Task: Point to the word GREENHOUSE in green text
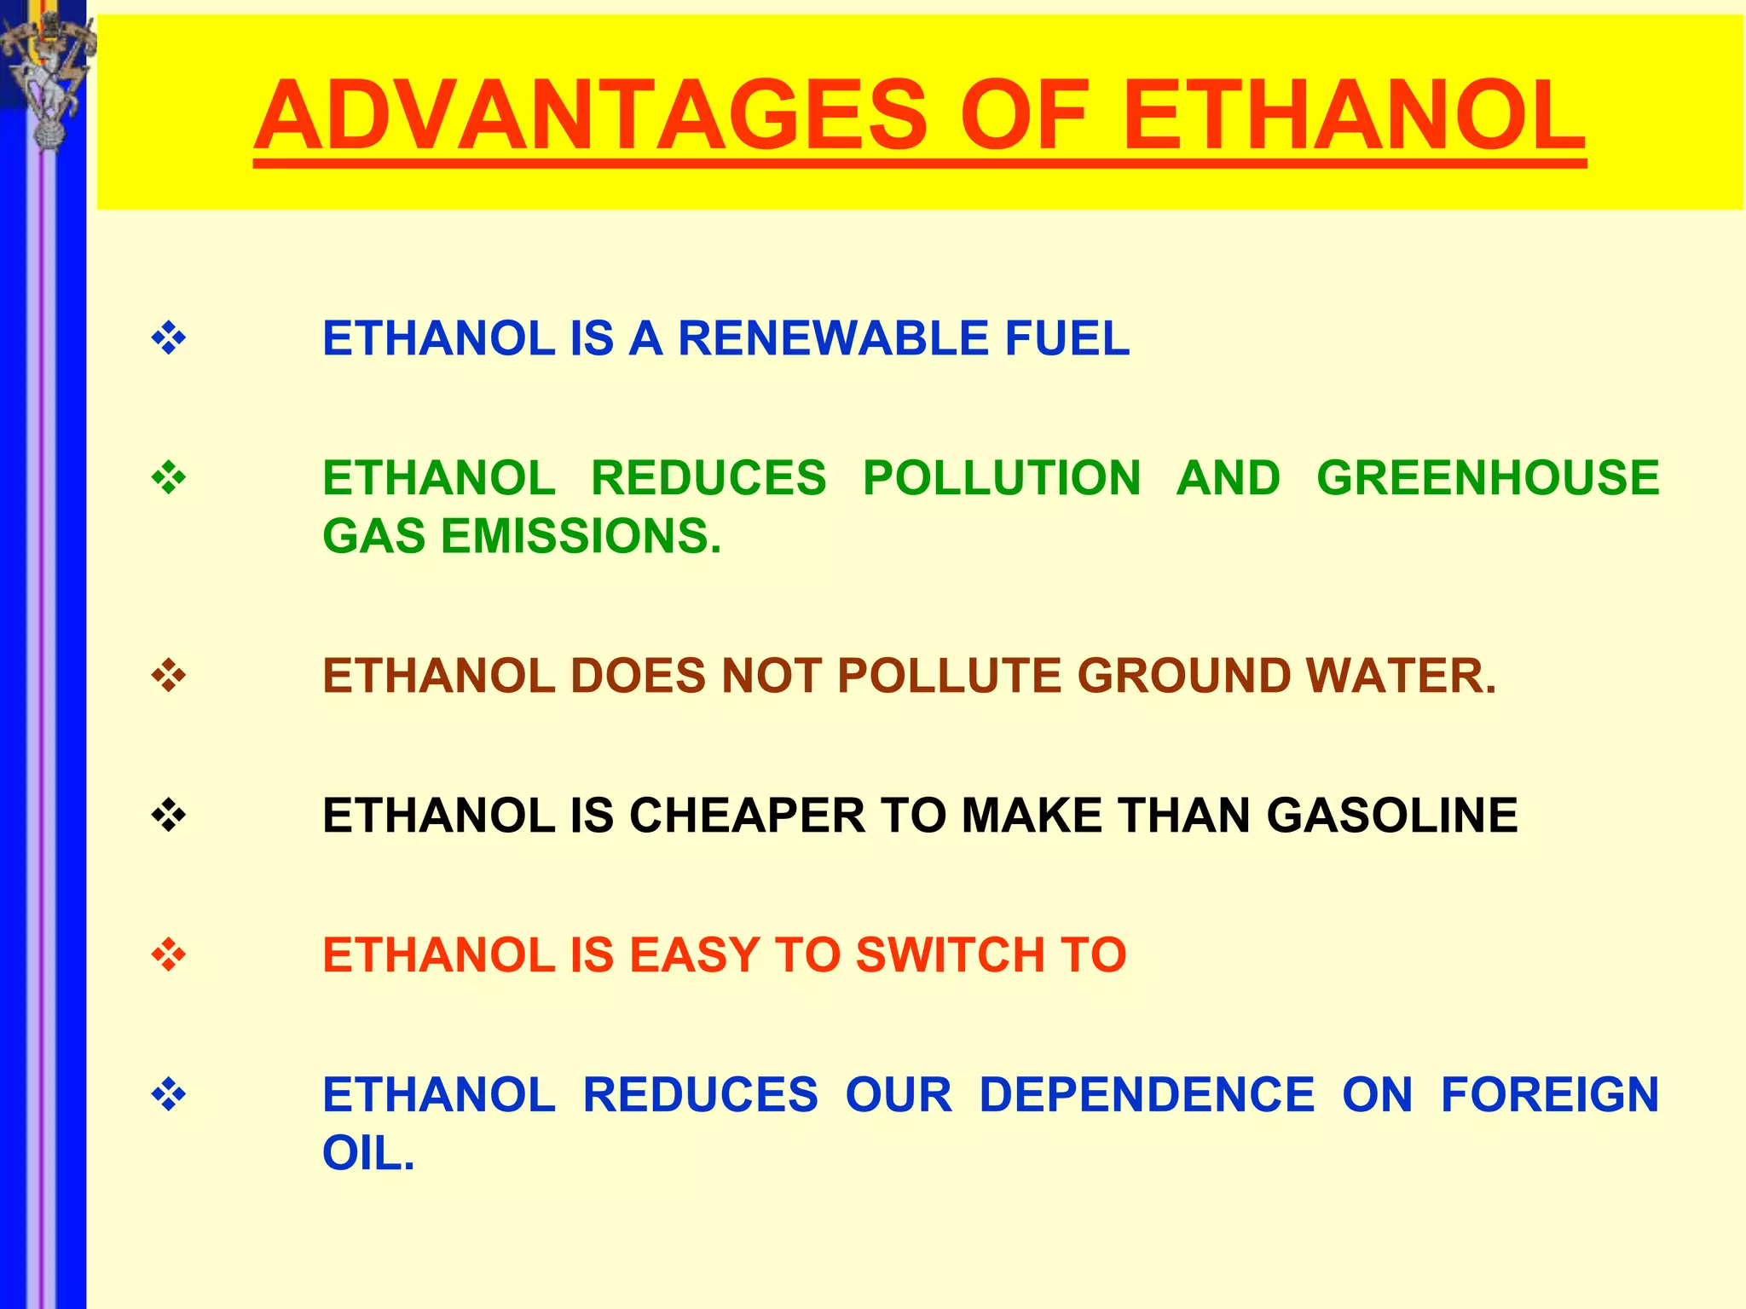[1488, 477]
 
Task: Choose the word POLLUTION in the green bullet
[1002, 477]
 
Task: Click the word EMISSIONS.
[581, 536]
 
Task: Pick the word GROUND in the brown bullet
[1184, 676]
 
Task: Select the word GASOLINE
[1391, 815]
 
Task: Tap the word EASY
[694, 954]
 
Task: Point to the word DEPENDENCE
[1146, 1094]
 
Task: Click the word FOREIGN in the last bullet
[1549, 1094]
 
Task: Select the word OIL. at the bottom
[368, 1153]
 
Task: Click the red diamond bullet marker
[169, 954]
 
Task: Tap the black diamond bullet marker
[169, 816]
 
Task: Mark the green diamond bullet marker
[169, 478]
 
